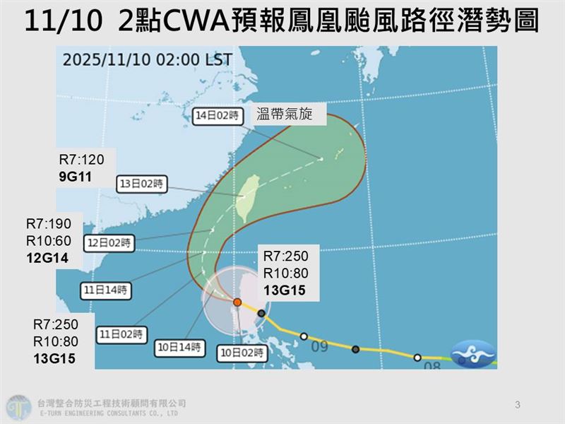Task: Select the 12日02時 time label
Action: (108, 242)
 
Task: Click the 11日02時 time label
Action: (124, 332)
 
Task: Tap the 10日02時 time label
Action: (242, 352)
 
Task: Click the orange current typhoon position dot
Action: (238, 302)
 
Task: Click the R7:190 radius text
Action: (49, 224)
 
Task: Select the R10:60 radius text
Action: (49, 241)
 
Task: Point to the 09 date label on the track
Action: (319, 347)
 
